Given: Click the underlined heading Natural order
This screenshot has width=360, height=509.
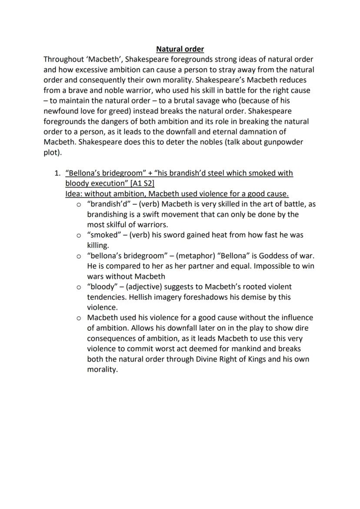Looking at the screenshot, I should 180,49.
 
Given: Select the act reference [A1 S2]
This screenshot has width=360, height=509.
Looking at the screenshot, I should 137,183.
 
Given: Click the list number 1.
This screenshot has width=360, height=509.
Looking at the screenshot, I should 57,173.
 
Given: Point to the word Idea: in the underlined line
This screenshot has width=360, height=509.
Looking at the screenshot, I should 74,194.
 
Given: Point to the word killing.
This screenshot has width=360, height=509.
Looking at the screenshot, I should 99,245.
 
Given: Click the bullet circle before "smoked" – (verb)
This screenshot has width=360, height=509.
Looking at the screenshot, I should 79,235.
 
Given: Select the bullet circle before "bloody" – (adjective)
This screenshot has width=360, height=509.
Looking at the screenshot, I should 79,287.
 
